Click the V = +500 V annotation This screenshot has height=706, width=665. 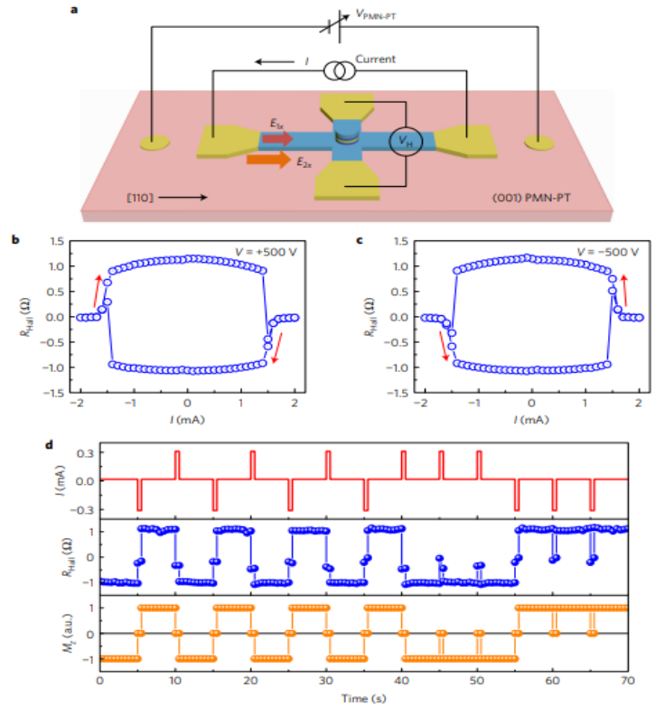tap(262, 250)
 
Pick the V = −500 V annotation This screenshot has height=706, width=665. tap(605, 250)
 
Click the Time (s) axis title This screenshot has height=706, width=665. tap(363, 698)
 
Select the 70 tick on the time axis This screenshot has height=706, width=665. tap(629, 679)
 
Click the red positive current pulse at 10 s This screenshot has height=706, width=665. tap(177, 463)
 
